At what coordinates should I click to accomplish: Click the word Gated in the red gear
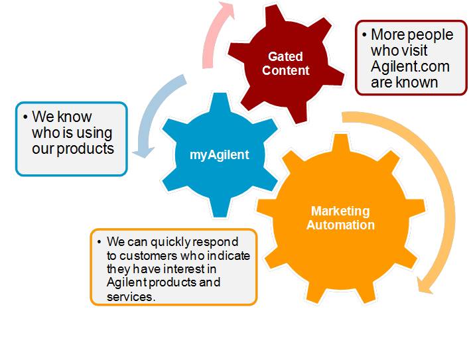(286, 57)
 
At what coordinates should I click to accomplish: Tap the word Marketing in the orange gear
(340, 211)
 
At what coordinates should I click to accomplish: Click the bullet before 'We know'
(25, 117)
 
